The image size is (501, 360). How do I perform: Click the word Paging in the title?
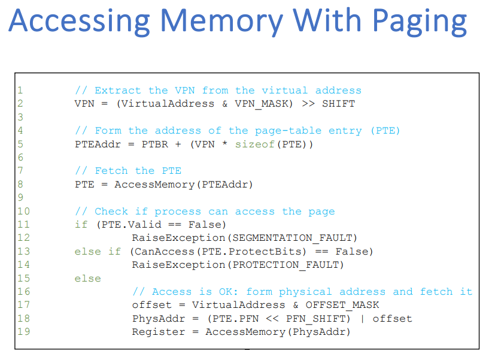click(420, 22)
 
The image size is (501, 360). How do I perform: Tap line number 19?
click(23, 331)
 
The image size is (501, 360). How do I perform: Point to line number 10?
click(23, 211)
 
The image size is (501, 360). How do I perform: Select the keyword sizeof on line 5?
click(254, 144)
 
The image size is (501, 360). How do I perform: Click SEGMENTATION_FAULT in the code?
click(294, 238)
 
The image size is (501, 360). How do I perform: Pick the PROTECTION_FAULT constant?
click(288, 264)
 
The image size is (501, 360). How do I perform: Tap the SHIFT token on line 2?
click(338, 104)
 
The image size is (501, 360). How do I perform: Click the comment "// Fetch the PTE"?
click(127, 171)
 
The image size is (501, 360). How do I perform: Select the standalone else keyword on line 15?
click(87, 278)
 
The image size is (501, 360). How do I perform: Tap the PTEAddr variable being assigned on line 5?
click(98, 144)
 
